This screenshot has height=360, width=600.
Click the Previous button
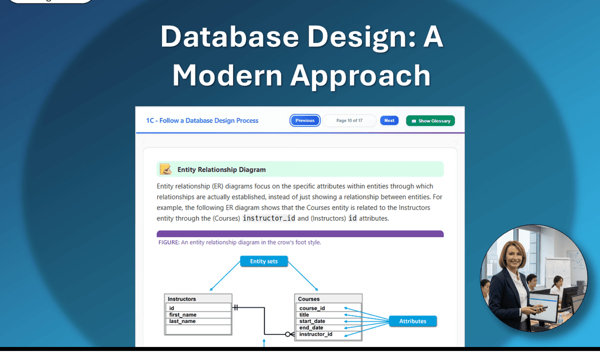click(305, 120)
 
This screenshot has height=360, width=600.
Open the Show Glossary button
click(430, 120)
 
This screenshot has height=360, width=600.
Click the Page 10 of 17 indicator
click(349, 120)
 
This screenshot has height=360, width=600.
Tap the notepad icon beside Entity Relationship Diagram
click(166, 169)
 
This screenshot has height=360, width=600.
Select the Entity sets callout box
click(263, 261)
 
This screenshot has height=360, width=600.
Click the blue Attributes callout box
click(412, 321)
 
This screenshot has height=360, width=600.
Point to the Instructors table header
click(198, 299)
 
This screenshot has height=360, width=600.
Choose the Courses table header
click(328, 299)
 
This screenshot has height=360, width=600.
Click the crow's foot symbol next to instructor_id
click(289, 334)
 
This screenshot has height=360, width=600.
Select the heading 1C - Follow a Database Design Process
click(202, 120)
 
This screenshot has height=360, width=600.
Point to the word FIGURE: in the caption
click(169, 242)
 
